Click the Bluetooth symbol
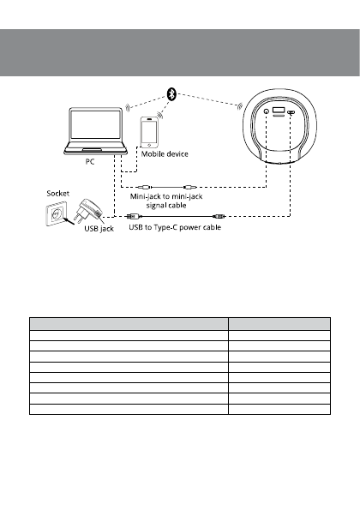(171, 95)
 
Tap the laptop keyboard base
(96, 152)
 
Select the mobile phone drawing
(151, 134)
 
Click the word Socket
(57, 194)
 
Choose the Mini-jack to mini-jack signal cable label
(166, 201)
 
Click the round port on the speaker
(265, 113)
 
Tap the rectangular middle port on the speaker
(279, 112)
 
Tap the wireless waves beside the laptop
(128, 109)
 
